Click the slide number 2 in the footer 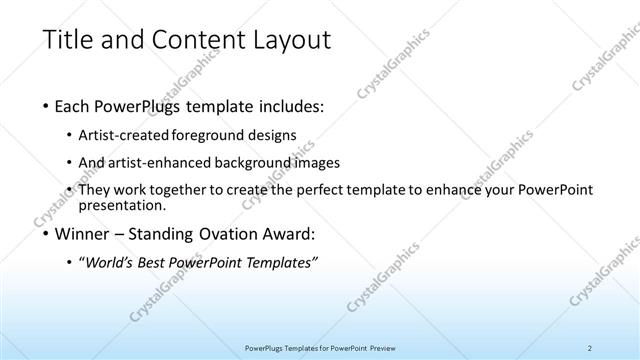pyautogui.click(x=590, y=348)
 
